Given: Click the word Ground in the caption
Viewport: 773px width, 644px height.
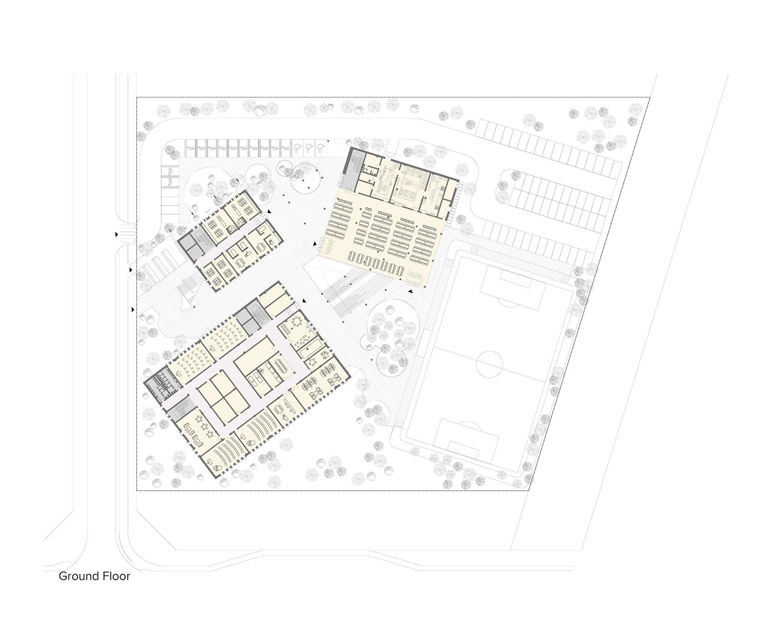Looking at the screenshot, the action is click(78, 577).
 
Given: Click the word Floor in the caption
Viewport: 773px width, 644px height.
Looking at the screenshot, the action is click(116, 577).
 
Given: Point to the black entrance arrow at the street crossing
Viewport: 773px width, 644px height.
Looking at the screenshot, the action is click(116, 234).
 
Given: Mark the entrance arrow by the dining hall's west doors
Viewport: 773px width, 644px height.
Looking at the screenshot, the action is click(315, 244).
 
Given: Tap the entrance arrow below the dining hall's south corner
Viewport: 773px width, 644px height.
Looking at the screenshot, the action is click(410, 291).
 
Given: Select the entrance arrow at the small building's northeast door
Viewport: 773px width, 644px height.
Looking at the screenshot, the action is click(270, 211).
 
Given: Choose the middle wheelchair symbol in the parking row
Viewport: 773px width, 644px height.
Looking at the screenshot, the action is click(309, 148).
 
